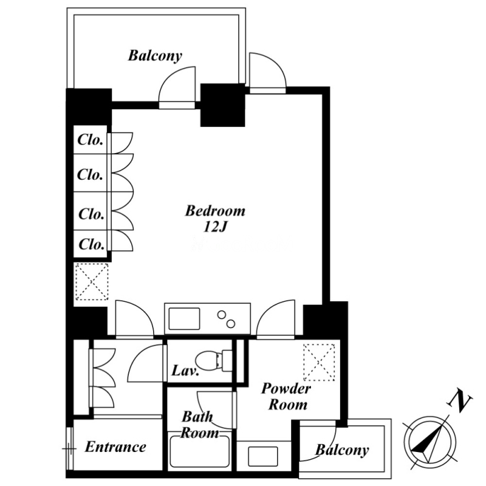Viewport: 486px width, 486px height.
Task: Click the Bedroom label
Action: (215, 211)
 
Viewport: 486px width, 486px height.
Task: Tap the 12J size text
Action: (215, 227)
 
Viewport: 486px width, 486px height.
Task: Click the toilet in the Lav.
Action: (214, 360)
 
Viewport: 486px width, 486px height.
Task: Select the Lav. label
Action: (185, 371)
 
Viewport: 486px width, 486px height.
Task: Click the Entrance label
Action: (115, 447)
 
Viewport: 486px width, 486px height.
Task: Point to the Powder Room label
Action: (286, 397)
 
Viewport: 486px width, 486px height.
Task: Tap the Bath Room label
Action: (199, 425)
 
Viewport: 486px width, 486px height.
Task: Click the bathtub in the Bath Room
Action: (200, 451)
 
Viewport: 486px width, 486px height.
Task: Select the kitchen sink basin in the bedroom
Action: (184, 318)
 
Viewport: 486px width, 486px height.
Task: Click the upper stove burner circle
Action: (221, 315)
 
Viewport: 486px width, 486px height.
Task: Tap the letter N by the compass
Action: (459, 403)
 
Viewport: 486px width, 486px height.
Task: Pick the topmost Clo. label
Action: (90, 140)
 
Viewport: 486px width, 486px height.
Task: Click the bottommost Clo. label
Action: (92, 244)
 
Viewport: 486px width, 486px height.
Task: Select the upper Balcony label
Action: (155, 56)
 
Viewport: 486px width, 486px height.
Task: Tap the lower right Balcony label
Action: (342, 450)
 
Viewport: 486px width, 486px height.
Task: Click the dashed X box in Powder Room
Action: (319, 362)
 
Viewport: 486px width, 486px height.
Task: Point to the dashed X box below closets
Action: (92, 281)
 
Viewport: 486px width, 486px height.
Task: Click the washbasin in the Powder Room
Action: (263, 456)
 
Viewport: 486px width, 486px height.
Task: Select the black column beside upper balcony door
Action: (222, 105)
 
